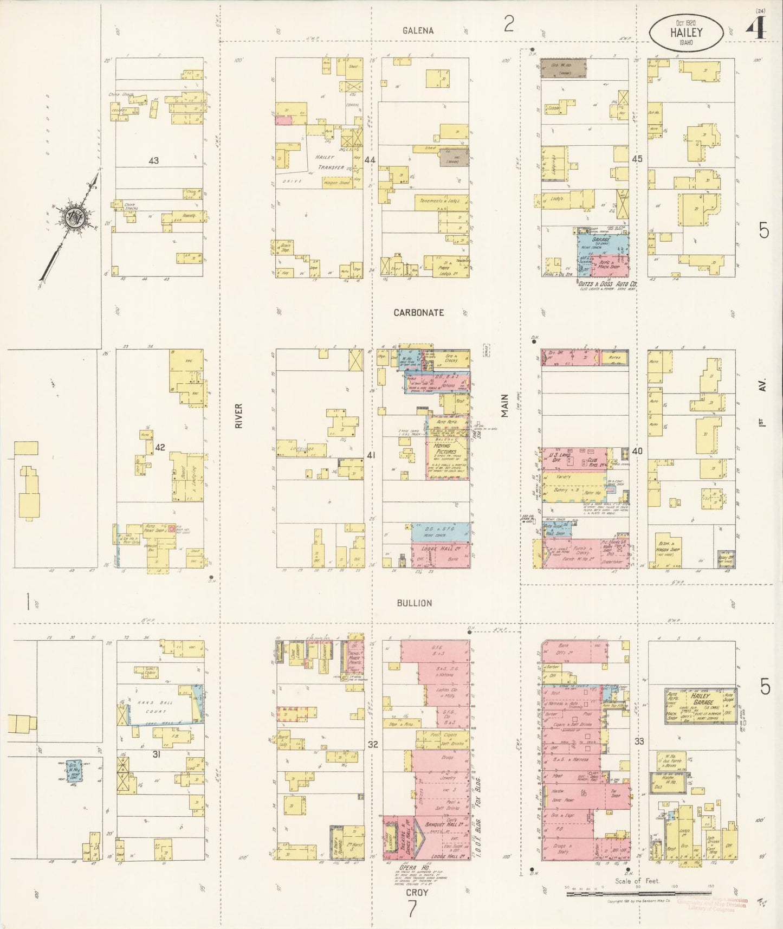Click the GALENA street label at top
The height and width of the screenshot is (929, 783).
[418, 30]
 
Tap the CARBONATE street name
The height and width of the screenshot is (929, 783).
[418, 313]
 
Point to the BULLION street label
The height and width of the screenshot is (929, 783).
[414, 603]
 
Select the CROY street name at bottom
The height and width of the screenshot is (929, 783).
[418, 892]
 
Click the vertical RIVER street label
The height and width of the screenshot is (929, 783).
[239, 416]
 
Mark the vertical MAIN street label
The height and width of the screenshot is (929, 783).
[505, 405]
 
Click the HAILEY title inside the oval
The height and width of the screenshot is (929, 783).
[685, 33]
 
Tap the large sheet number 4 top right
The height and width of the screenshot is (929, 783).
[756, 28]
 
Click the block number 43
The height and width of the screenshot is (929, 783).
[154, 160]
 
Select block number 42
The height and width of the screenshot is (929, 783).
[160, 447]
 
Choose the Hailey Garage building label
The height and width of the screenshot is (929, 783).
[701, 699]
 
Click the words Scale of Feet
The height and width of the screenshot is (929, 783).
[637, 881]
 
